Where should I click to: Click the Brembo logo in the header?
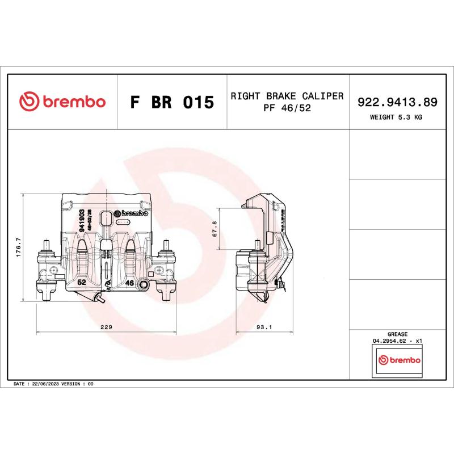tap(62, 102)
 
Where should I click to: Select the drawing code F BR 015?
tap(172, 103)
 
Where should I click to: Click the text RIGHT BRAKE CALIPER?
tap(287, 96)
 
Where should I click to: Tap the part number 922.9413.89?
tap(397, 102)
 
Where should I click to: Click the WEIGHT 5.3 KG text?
tap(396, 117)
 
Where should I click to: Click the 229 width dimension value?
tap(106, 327)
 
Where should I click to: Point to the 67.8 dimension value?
tap(215, 229)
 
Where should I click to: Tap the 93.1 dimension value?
tap(265, 327)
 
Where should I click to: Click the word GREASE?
tap(397, 334)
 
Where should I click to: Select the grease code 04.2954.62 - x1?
tap(397, 341)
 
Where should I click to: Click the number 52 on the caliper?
tap(81, 282)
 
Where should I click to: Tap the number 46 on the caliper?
tap(129, 282)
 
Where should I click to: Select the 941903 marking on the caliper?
tap(82, 219)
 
